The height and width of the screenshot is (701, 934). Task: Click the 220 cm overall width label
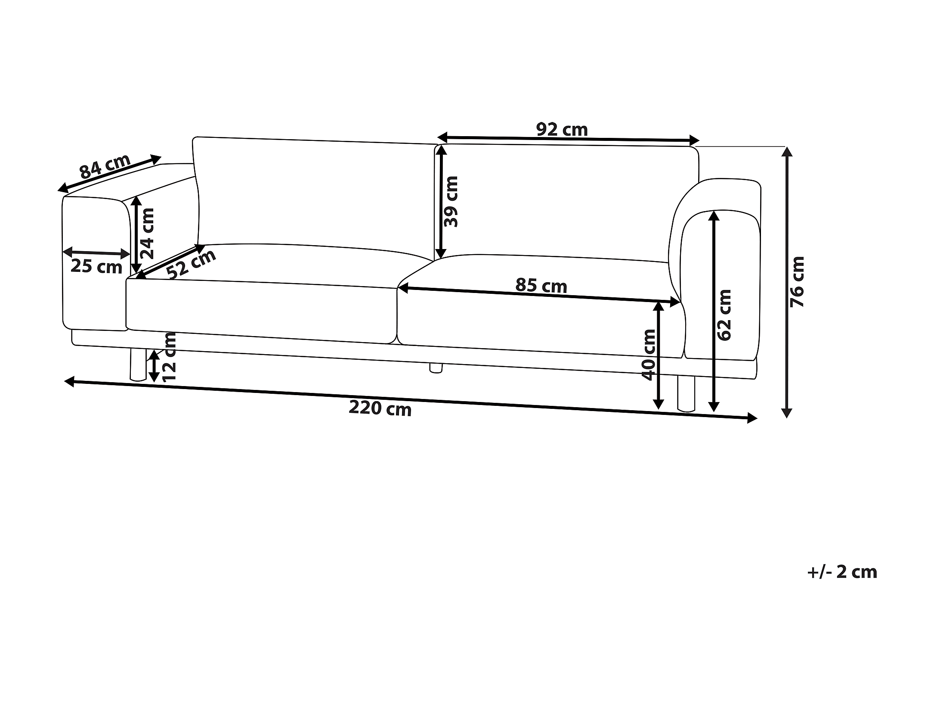[x=380, y=408]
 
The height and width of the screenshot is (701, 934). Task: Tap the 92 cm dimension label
[x=562, y=129]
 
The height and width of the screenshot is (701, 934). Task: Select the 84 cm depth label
[x=105, y=166]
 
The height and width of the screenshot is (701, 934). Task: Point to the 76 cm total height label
[x=797, y=281]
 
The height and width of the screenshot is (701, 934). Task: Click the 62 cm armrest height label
[x=724, y=315]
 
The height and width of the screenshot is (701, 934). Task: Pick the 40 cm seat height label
[x=648, y=355]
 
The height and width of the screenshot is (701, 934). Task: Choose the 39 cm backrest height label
[x=451, y=201]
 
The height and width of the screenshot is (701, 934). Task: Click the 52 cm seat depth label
[x=191, y=264]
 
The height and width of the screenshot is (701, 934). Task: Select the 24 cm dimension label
[x=147, y=233]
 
